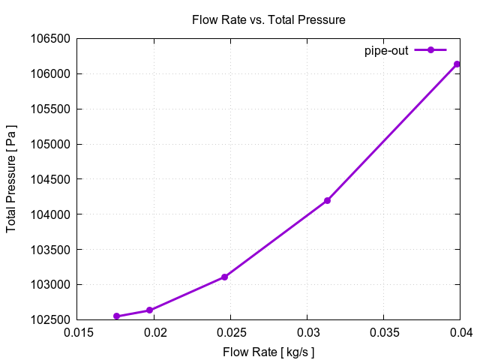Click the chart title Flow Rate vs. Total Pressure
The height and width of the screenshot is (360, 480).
pyautogui.click(x=268, y=20)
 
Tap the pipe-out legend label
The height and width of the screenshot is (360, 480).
pyautogui.click(x=386, y=50)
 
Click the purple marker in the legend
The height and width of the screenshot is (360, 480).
pyautogui.click(x=430, y=50)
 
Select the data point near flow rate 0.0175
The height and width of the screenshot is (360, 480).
pyautogui.click(x=116, y=316)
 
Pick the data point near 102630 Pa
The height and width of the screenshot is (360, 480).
pyautogui.click(x=150, y=310)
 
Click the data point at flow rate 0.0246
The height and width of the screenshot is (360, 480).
pyautogui.click(x=224, y=277)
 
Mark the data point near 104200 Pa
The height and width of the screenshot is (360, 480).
pyautogui.click(x=327, y=200)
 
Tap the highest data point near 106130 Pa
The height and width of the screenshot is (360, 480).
pyautogui.click(x=457, y=64)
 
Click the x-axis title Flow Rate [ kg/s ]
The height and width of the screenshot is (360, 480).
pyautogui.click(x=268, y=352)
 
